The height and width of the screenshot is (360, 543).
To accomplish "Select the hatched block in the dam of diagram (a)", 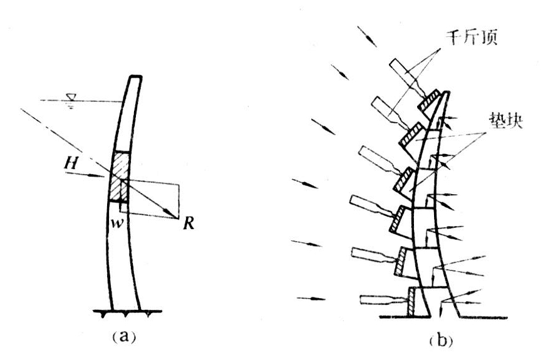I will [118, 177].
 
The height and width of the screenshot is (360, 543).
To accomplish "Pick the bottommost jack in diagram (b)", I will [375, 299].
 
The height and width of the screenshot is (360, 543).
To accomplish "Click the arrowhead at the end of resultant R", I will [174, 216].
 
